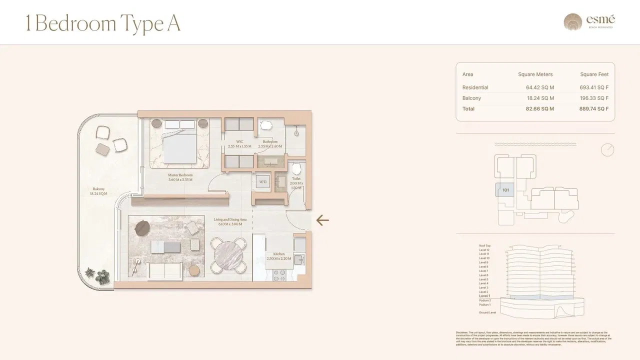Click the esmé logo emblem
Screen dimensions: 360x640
[x=573, y=22]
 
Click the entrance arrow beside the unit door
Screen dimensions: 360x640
[x=322, y=220]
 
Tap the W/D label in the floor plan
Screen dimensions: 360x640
[x=262, y=182]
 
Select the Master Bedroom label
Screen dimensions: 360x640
[x=180, y=177]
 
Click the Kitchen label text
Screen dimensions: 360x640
[x=275, y=256]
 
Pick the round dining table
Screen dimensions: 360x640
[x=228, y=255]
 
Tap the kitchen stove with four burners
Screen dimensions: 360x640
[x=279, y=275]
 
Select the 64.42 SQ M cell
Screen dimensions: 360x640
[x=539, y=87]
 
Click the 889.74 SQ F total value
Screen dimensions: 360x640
[x=593, y=108]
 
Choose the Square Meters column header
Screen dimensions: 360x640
[x=535, y=74]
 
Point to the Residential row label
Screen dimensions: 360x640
[x=475, y=87]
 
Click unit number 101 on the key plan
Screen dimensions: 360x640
[x=505, y=190]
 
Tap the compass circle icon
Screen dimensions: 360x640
[x=607, y=150]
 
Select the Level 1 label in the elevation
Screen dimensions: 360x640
[x=484, y=296]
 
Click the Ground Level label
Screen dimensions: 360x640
[x=487, y=312]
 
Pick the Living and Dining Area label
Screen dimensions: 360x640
[x=230, y=221]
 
